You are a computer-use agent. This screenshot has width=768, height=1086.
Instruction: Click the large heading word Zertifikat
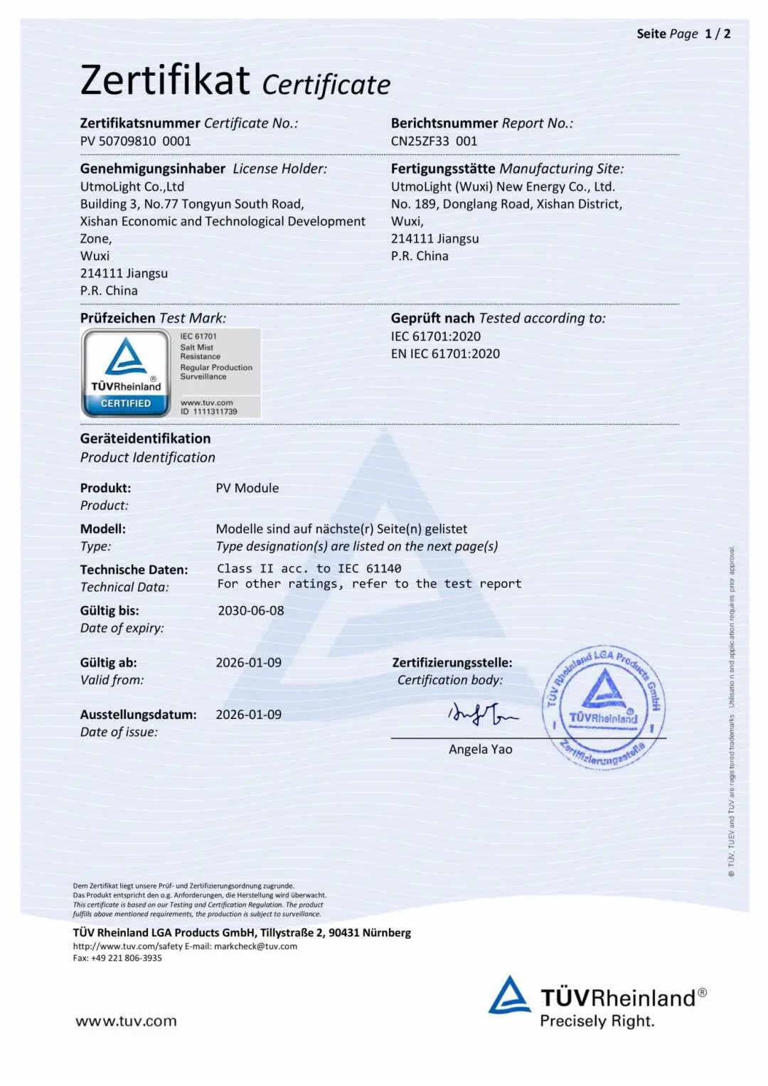[x=165, y=80]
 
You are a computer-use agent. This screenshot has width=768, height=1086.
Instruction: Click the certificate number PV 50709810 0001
[x=135, y=141]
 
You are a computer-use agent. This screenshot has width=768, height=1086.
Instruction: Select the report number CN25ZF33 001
[x=434, y=141]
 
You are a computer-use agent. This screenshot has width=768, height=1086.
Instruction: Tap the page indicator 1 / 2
[x=717, y=33]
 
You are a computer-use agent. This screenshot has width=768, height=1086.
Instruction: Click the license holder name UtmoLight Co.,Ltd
[x=132, y=186]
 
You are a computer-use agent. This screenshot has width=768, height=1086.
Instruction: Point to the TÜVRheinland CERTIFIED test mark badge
[x=126, y=372]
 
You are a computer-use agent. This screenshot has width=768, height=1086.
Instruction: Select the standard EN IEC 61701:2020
[x=445, y=353]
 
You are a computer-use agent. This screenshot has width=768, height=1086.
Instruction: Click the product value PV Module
[x=247, y=488]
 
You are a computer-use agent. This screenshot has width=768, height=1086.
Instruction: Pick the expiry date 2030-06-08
[x=250, y=610]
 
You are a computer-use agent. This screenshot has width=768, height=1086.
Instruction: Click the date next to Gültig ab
[x=248, y=662]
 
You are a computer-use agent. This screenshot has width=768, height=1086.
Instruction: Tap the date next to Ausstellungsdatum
[x=248, y=714]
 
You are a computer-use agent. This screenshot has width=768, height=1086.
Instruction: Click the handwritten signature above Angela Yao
[x=482, y=713]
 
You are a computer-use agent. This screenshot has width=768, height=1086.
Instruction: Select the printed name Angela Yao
[x=480, y=749]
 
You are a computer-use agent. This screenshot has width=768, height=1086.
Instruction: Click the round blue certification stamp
[x=604, y=708]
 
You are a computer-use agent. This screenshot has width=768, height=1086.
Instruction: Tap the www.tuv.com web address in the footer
[x=126, y=1021]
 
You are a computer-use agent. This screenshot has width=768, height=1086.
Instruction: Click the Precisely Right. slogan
[x=597, y=1021]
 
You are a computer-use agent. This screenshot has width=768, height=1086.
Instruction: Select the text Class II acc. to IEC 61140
[x=309, y=568]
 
